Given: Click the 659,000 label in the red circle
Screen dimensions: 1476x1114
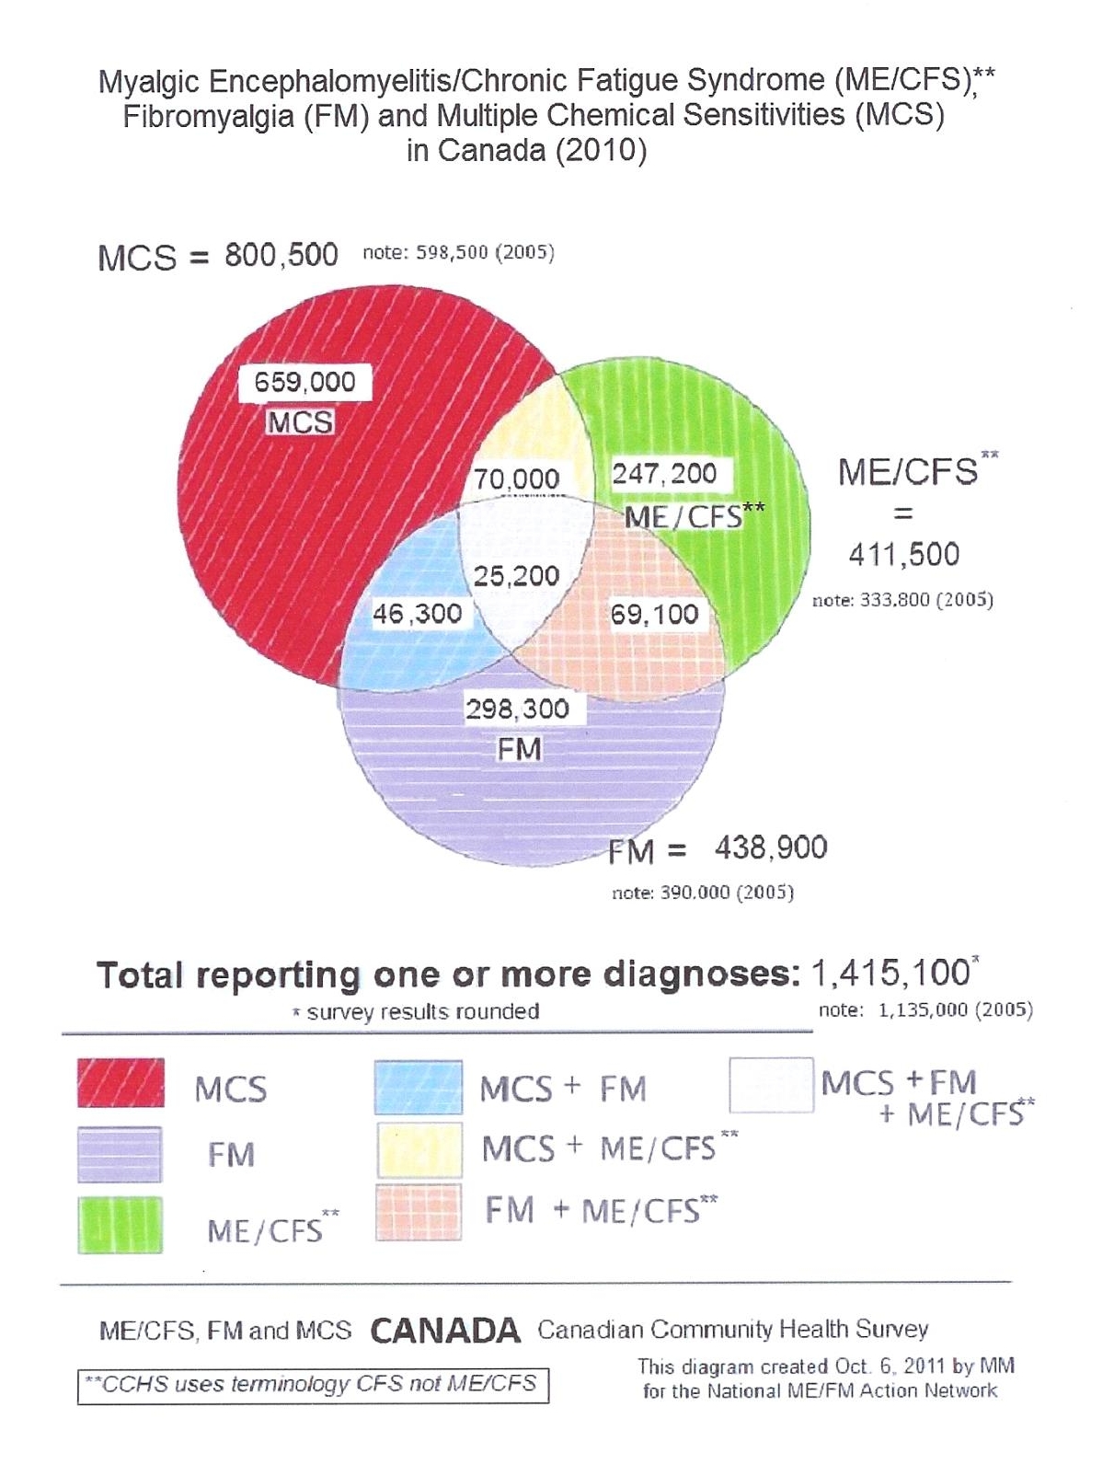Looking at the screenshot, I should click(x=304, y=382).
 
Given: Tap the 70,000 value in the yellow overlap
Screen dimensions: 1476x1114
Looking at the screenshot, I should click(x=517, y=479).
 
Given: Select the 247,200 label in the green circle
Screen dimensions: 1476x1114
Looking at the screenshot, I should click(x=665, y=474).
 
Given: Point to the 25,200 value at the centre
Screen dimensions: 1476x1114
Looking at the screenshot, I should click(x=516, y=576).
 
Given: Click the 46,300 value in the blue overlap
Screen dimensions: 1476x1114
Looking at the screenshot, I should click(x=418, y=614).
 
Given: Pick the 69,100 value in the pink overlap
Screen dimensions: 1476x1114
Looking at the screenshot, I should click(x=654, y=614).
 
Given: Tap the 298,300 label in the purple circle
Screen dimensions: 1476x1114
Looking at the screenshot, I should click(x=517, y=709).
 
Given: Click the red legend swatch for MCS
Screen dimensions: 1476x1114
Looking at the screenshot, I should click(x=121, y=1083).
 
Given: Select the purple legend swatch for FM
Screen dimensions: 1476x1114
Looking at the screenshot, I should click(x=120, y=1154).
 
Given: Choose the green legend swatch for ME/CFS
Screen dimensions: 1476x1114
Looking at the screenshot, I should click(x=120, y=1225).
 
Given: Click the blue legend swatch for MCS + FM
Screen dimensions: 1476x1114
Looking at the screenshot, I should click(x=419, y=1088).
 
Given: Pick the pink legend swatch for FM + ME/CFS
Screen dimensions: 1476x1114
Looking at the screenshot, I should click(x=419, y=1212).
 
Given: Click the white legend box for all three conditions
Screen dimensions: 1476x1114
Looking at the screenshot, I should click(x=772, y=1086).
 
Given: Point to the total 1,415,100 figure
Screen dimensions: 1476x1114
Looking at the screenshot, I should click(x=890, y=974).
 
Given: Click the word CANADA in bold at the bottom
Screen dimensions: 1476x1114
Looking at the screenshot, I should click(x=445, y=1331).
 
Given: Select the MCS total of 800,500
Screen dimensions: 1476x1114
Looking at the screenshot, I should click(x=281, y=255).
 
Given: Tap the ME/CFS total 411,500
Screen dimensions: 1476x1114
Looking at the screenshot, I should click(x=903, y=554).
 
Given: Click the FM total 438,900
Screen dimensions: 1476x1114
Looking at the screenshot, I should click(x=771, y=848).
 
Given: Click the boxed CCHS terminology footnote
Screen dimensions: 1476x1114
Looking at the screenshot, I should click(x=313, y=1385).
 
